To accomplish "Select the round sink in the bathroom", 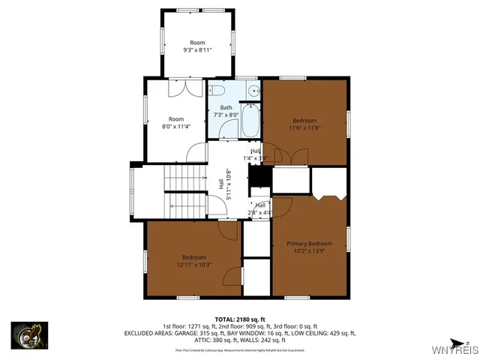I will coord(253,92).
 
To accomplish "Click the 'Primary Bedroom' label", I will coord(309,244).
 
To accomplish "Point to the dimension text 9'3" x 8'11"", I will coord(197,50).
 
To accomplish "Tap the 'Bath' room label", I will coord(226,108).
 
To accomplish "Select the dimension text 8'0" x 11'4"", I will coord(176,126).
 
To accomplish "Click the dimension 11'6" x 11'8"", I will coord(304,127).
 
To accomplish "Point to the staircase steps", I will coord(184,178).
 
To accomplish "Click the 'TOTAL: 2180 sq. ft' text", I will coord(239,319).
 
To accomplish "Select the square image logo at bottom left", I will coord(29,335).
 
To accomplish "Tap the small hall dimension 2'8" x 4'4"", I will coord(260,212).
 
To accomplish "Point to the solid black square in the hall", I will coord(259,175).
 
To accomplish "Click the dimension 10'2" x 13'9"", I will coord(309,251).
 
